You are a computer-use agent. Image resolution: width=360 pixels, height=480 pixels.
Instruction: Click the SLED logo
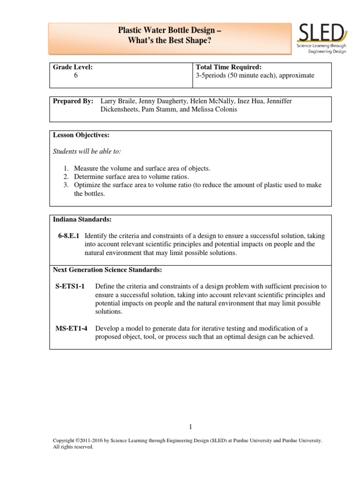[322, 38]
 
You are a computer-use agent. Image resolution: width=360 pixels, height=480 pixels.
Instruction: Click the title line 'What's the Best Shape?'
[168, 40]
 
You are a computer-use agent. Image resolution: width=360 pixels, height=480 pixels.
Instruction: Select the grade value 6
[76, 75]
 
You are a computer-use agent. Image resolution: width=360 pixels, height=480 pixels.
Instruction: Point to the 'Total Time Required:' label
[225, 67]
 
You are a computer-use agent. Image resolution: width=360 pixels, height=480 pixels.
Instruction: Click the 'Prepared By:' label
[73, 101]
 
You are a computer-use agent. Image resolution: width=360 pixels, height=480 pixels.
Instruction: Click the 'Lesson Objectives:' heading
[81, 135]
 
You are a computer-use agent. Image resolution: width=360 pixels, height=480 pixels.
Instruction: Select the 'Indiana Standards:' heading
[82, 219]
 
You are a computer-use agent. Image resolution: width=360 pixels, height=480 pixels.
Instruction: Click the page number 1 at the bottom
[190, 426]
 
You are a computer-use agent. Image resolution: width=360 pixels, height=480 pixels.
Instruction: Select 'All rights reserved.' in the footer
[74, 447]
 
